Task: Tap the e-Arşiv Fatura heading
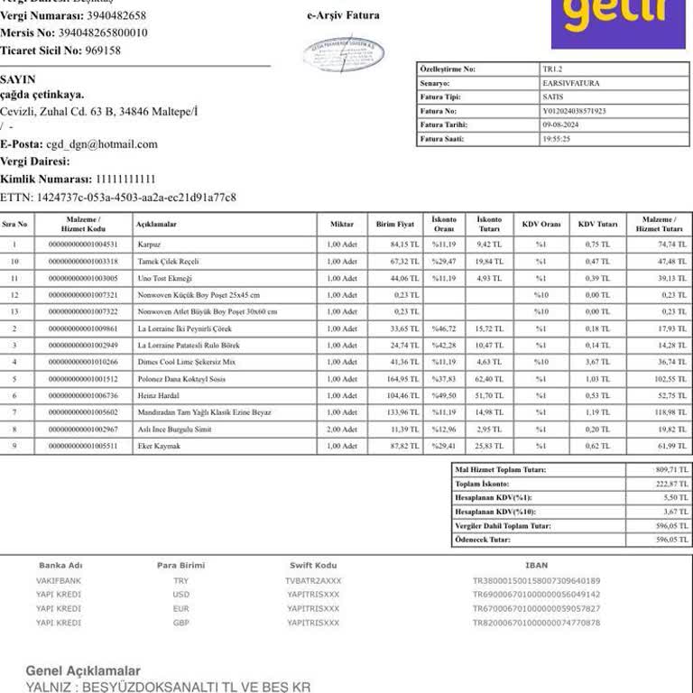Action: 343,15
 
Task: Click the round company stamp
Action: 343,54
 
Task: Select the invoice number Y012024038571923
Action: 574,111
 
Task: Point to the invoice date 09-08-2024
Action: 559,125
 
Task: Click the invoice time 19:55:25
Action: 556,140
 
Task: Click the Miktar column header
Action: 342,224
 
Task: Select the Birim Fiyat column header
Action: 395,224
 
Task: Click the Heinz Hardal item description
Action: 157,395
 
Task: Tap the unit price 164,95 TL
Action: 403,379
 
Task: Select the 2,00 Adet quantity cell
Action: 342,430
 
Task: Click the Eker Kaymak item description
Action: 159,447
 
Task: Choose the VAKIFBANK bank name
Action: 59,581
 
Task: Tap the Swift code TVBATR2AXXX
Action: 313,581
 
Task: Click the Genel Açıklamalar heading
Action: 83,671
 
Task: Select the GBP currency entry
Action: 181,623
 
